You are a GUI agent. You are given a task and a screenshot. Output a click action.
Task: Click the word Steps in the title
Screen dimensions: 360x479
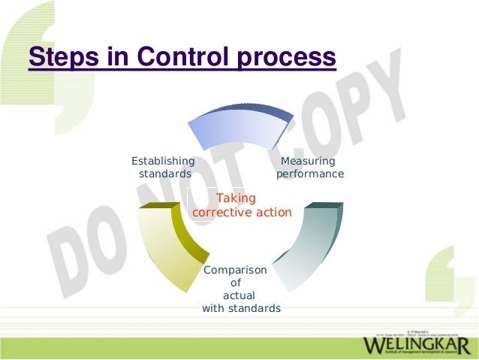coord(62,58)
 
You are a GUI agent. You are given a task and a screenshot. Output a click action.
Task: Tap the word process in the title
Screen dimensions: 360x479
coord(285,58)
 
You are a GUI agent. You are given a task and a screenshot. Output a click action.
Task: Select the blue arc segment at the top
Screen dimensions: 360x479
coord(236,128)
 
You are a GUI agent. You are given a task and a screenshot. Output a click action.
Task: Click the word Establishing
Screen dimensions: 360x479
coord(163,161)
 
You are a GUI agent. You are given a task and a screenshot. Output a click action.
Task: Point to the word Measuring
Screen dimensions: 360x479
coord(308,161)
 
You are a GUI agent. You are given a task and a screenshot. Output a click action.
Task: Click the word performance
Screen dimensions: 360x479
coord(310,174)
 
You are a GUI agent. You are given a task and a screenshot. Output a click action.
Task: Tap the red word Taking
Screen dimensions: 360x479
coord(236,198)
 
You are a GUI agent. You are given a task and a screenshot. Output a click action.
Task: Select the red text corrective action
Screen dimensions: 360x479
coord(242,213)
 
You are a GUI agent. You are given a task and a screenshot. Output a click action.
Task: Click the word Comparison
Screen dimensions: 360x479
coord(235,270)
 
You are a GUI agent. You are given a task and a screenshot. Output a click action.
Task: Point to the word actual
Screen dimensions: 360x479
coord(239,295)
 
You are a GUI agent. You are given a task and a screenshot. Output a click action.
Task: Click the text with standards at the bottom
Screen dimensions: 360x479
coord(241,308)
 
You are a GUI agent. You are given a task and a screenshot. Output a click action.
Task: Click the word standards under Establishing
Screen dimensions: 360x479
coord(164,174)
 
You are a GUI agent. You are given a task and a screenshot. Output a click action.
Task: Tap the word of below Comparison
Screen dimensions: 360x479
coord(235,283)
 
